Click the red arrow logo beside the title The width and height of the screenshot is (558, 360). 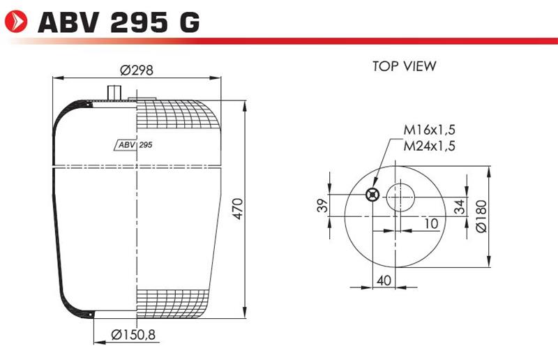16,22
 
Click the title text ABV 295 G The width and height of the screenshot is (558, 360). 119,22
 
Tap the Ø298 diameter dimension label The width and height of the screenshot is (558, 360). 137,70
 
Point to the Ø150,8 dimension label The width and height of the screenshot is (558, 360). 133,335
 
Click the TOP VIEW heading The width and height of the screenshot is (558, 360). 405,66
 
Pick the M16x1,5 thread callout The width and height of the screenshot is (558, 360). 429,130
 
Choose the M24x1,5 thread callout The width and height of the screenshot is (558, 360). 429,146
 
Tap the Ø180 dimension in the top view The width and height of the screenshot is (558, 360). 481,216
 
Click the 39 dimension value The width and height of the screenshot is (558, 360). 322,205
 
